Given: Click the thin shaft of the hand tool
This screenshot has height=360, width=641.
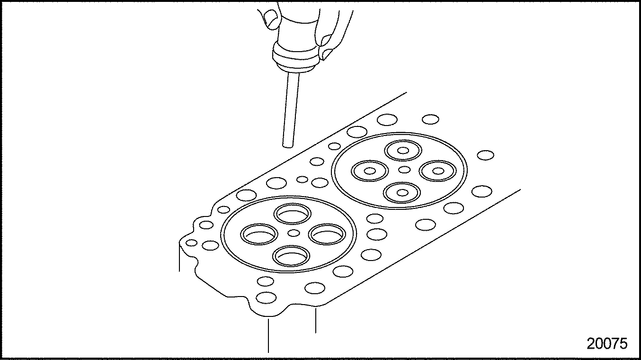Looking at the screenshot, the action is pyautogui.click(x=291, y=110).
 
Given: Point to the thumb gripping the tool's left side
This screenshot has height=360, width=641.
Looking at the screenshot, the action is pyautogui.click(x=272, y=19).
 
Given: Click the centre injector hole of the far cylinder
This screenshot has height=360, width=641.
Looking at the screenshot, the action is pyautogui.click(x=404, y=170).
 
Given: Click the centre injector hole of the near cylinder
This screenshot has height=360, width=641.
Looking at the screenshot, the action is pyautogui.click(x=294, y=233).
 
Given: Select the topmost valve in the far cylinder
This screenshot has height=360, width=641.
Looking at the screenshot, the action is pyautogui.click(x=403, y=151).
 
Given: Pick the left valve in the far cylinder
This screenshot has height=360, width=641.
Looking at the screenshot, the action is pyautogui.click(x=370, y=171).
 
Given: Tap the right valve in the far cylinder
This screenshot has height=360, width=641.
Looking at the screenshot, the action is pyautogui.click(x=438, y=171).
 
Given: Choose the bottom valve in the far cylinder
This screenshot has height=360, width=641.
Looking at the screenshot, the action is pyautogui.click(x=402, y=192).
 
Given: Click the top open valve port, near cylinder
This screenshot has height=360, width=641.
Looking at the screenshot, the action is pyautogui.click(x=292, y=214).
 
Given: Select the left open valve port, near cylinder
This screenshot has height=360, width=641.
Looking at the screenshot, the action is pyautogui.click(x=259, y=234).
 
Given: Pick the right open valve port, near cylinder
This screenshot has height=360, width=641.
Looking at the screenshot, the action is pyautogui.click(x=327, y=234).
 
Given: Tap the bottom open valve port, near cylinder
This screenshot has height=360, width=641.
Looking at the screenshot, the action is pyautogui.click(x=291, y=256).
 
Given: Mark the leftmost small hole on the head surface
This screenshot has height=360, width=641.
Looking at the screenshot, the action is pyautogui.click(x=191, y=243).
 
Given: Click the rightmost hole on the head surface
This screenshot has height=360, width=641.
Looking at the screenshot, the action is pyautogui.click(x=486, y=155).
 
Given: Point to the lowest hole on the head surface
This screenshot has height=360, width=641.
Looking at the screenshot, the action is pyautogui.click(x=266, y=298).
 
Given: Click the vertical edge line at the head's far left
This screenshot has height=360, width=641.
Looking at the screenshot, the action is pyautogui.click(x=179, y=258).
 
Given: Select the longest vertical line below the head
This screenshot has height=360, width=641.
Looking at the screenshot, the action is pyautogui.click(x=268, y=335).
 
